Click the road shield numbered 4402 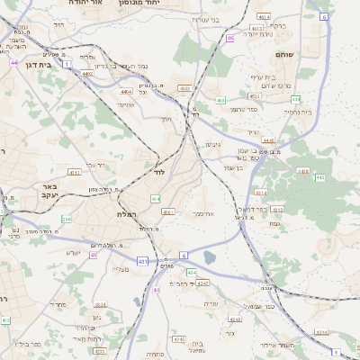coord(86,72)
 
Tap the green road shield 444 coord(14,62)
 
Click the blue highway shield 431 coord(141,262)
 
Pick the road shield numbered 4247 coord(203,283)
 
